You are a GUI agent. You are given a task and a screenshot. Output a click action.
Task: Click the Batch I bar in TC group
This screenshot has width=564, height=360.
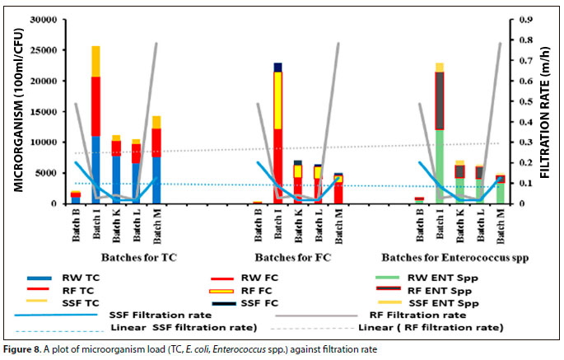96,124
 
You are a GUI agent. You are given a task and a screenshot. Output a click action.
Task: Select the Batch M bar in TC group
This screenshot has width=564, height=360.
156,160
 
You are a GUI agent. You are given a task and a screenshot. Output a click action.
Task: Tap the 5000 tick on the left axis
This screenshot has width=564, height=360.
47,173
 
